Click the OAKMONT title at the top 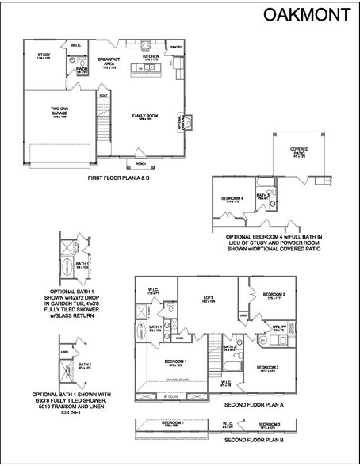tap(308, 13)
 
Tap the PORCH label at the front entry tap(142, 164)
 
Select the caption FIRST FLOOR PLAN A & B tap(117, 179)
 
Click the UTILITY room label tap(278, 325)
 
